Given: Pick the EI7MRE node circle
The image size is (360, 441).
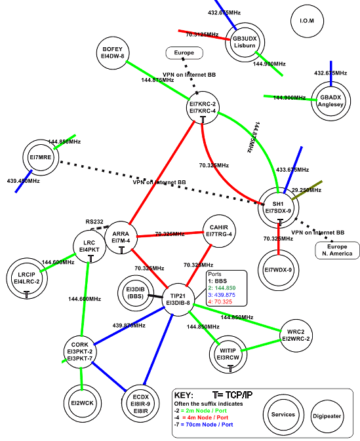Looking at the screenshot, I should (42, 157).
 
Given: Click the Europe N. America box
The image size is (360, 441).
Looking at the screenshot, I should (337, 250).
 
